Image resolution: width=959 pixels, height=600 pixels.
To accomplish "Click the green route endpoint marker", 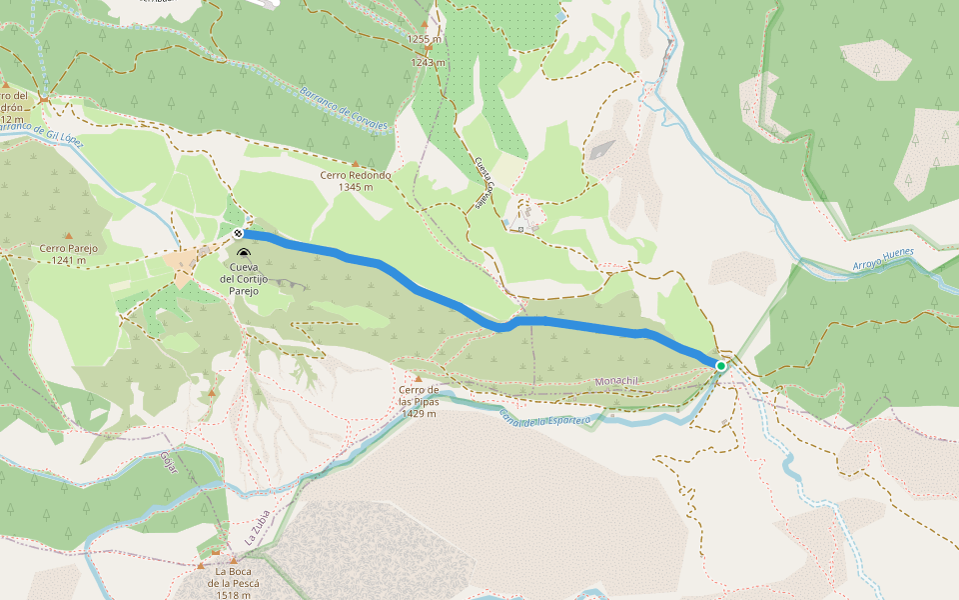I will coord(720,366).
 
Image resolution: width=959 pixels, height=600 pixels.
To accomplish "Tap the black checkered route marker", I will coord(238,233).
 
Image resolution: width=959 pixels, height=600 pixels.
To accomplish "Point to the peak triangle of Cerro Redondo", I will coord(355,164).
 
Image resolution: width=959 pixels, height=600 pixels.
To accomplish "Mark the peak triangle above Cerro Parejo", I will coord(70,237).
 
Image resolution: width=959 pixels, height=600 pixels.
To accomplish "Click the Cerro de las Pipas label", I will coord(419,401).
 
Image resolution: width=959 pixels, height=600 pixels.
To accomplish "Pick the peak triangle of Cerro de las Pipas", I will coord(419,378).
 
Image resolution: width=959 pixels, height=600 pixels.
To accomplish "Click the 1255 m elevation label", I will coord(424,39).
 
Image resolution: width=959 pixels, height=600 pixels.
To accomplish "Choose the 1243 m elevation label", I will coord(428,62).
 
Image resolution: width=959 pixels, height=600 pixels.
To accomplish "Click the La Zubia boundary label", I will coord(258,529).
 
